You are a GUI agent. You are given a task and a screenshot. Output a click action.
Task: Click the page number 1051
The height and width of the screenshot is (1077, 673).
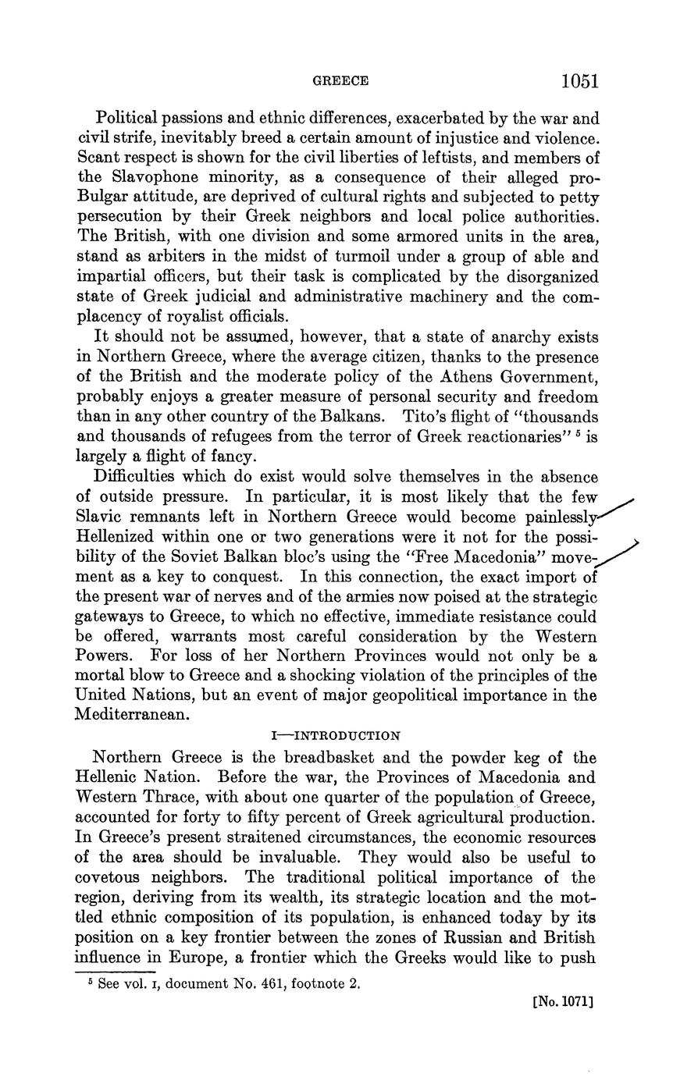pos(579,80)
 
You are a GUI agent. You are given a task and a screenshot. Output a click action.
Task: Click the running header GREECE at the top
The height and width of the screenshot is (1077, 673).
pos(340,81)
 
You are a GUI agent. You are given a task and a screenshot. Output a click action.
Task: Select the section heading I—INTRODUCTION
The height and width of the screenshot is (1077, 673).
pos(336,735)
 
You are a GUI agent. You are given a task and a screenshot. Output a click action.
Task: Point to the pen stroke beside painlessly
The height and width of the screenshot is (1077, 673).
pos(613,509)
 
